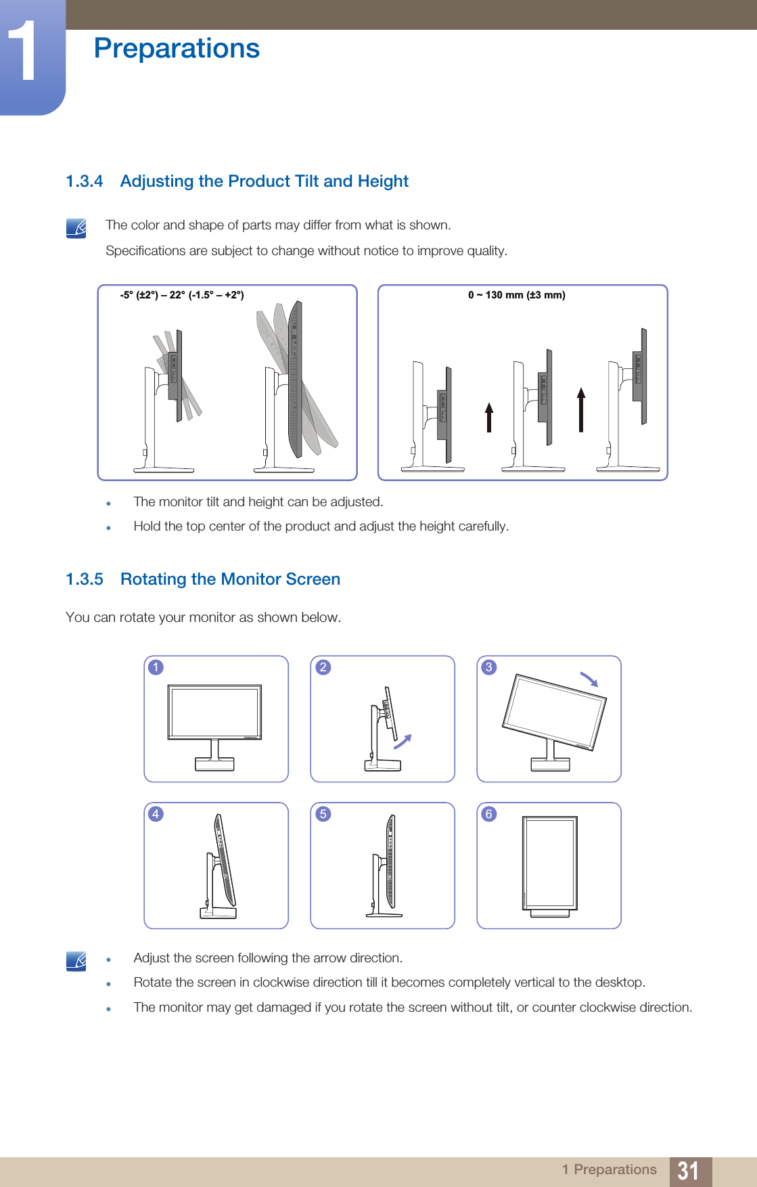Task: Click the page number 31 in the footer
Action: (688, 1170)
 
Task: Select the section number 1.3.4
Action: (85, 181)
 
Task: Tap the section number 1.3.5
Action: (85, 579)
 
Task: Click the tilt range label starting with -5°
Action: (182, 295)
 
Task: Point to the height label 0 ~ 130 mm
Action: (517, 295)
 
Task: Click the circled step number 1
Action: (156, 667)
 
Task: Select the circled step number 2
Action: (323, 667)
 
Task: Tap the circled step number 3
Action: (488, 667)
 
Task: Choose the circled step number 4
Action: (156, 814)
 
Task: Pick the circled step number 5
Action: (323, 814)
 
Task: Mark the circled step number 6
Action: (488, 814)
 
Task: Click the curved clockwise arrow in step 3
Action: (589, 679)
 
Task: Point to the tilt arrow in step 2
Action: (403, 742)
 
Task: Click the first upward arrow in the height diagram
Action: (489, 417)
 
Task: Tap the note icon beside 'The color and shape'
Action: (76, 228)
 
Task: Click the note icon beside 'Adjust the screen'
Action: (76, 961)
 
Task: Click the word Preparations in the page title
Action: (177, 49)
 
